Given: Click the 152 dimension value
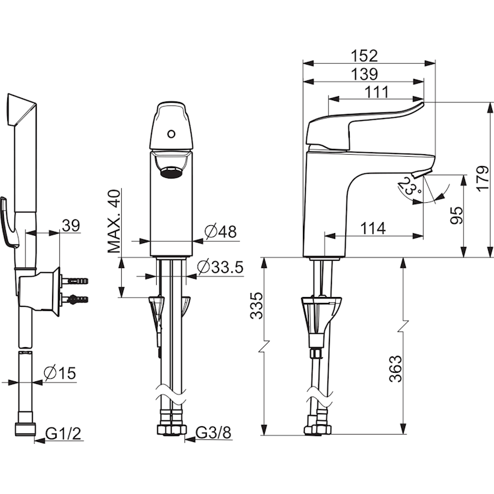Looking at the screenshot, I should tap(368, 55).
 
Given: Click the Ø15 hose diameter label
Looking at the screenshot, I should tap(59, 373).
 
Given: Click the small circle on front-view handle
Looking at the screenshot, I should tap(171, 134).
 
